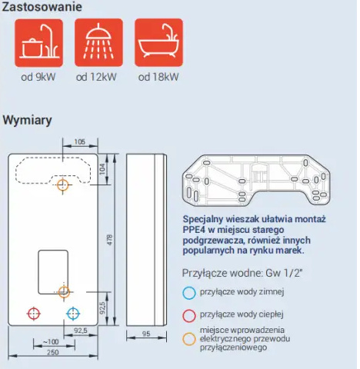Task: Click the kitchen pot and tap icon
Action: coord(38,43)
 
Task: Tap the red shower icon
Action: coord(98,43)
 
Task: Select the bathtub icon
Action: coord(158,43)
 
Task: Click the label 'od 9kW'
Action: coord(38,77)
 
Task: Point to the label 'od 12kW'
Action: coord(96,77)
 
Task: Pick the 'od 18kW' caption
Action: coord(158,77)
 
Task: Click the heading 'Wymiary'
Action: coord(27,120)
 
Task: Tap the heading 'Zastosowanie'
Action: coord(42,7)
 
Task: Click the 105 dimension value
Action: coord(79,141)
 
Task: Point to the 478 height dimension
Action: coord(109,240)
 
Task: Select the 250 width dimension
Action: coord(53,353)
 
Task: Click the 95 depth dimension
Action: coord(146,334)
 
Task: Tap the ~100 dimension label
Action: coord(51,342)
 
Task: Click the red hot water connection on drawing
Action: coord(34,313)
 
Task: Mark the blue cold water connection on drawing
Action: coord(73,313)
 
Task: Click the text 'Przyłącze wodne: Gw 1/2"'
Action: coord(242,273)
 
